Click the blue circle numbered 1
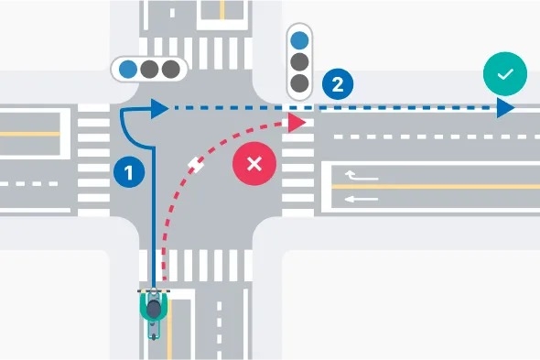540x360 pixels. point(128,170)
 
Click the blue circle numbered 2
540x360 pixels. point(338,85)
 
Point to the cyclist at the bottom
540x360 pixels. point(155,311)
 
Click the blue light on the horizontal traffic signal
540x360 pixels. point(128,68)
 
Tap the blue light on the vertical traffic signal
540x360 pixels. point(299,39)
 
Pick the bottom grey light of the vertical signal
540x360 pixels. point(299,84)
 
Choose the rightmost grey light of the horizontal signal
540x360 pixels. point(170,68)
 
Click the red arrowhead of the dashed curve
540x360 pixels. point(296,121)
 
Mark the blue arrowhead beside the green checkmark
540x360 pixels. point(505,109)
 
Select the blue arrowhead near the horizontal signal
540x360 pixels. point(159,109)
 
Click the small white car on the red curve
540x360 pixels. point(195,165)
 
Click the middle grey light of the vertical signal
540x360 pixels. point(299,62)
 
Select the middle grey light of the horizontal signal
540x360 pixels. point(149,68)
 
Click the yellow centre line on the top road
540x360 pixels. point(221,10)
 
